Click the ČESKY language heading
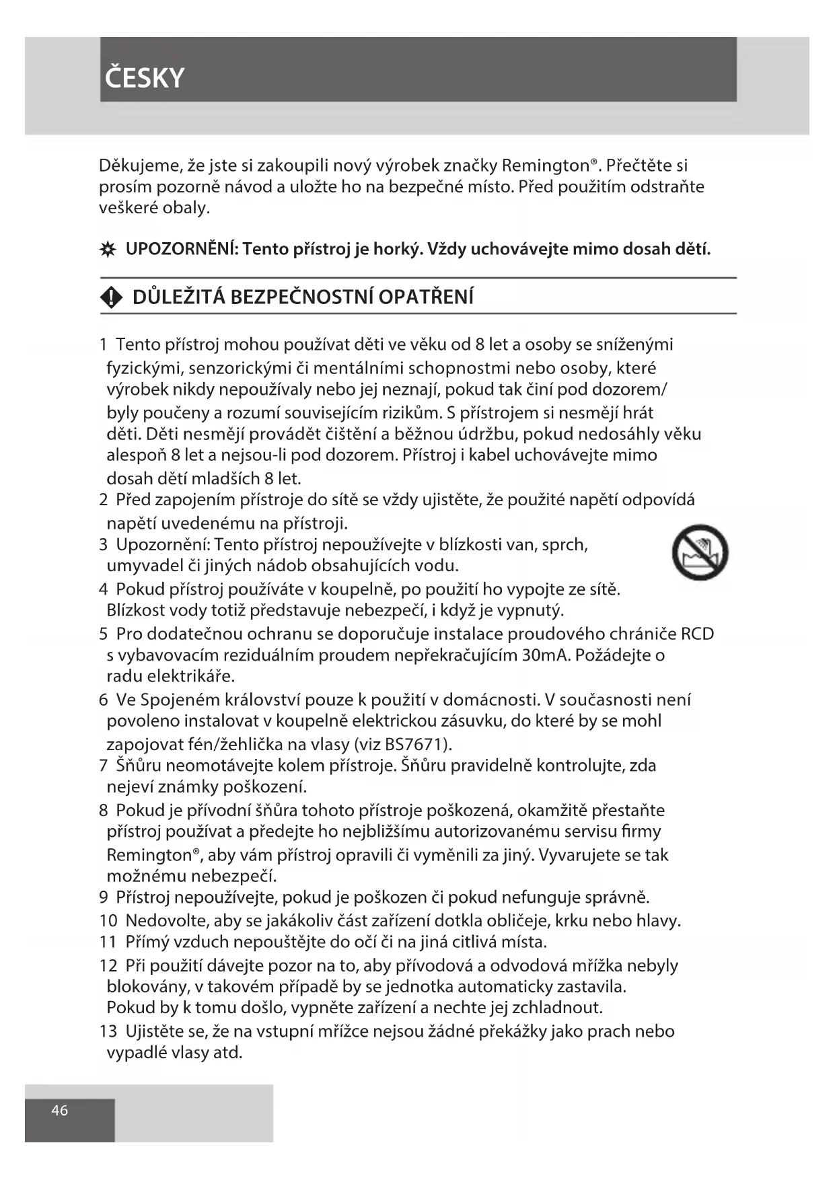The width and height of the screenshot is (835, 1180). pyautogui.click(x=145, y=78)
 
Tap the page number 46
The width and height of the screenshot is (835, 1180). pyautogui.click(x=60, y=1109)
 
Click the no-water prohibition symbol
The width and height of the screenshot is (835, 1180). pyautogui.click(x=700, y=552)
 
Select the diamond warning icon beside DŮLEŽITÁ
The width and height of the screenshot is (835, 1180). pyautogui.click(x=111, y=297)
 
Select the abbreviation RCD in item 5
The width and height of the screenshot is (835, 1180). pyautogui.click(x=696, y=634)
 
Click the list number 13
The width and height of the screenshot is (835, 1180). pyautogui.click(x=108, y=1031)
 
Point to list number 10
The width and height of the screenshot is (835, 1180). pyautogui.click(x=108, y=920)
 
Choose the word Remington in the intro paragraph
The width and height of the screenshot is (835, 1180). pyautogui.click(x=546, y=165)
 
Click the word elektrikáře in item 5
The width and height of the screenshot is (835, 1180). pyautogui.click(x=190, y=675)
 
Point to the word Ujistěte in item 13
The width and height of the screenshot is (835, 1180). pyautogui.click(x=157, y=1031)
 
